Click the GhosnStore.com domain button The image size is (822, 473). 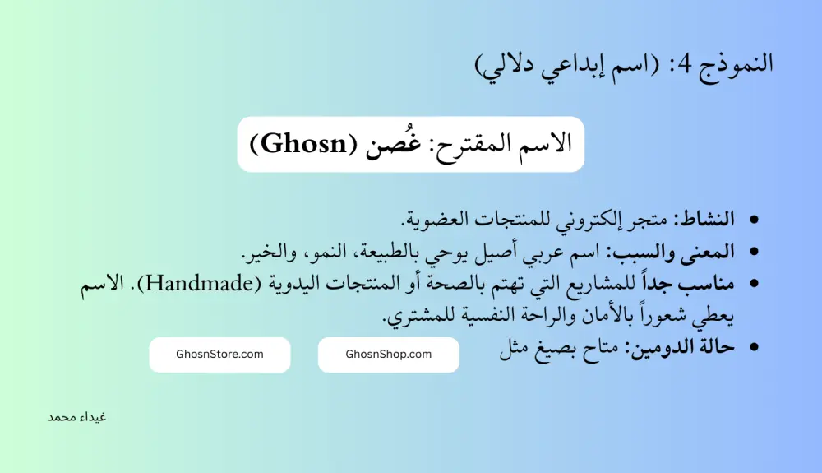click(x=219, y=355)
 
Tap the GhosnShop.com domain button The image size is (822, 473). click(x=388, y=355)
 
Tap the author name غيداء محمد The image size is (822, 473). click(x=76, y=416)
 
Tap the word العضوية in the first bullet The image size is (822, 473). click(x=439, y=219)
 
